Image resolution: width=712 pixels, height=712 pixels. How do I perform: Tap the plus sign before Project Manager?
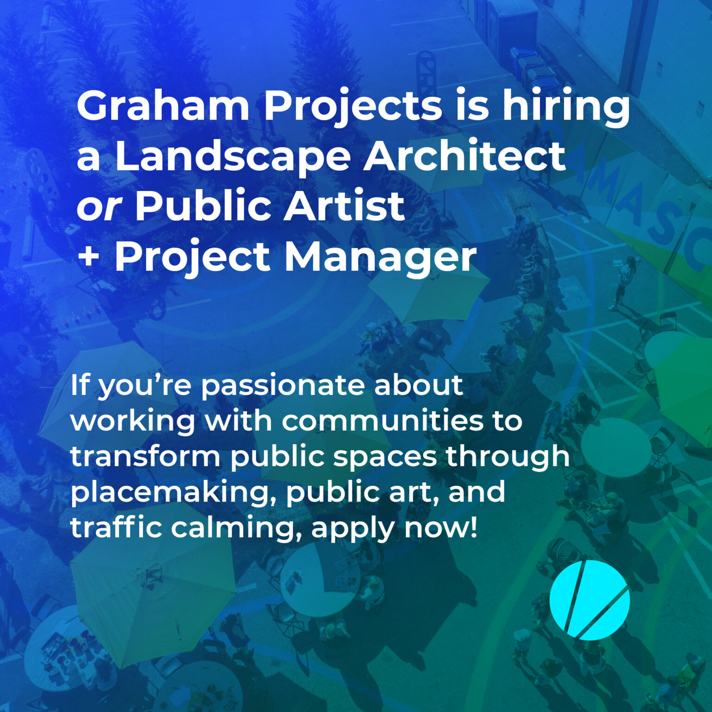tap(88, 256)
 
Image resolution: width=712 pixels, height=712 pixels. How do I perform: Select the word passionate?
tap(282, 386)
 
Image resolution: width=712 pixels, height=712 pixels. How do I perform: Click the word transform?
tap(145, 456)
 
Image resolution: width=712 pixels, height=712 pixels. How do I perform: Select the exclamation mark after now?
tap(473, 528)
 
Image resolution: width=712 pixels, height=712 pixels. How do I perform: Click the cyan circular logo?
tap(590, 600)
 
